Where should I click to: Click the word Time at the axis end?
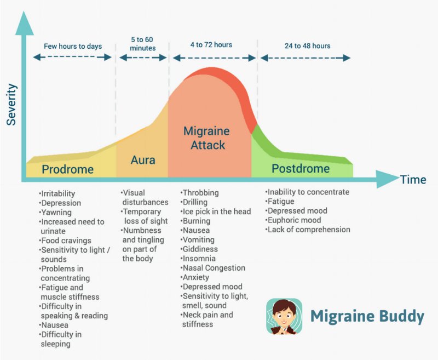coord(412,179)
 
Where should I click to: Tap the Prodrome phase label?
coord(68,169)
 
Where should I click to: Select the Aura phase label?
coord(143,160)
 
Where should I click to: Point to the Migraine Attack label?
coord(206,138)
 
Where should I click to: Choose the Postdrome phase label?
coord(301,168)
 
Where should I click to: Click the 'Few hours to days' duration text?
coord(73,46)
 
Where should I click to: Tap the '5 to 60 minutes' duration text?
coord(143,43)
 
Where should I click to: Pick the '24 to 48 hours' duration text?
coord(307,46)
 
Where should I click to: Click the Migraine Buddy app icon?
coord(284,316)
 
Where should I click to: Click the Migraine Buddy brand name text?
coord(367,316)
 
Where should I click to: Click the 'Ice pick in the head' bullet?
coord(217,212)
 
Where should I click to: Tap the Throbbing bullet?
coord(201,193)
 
